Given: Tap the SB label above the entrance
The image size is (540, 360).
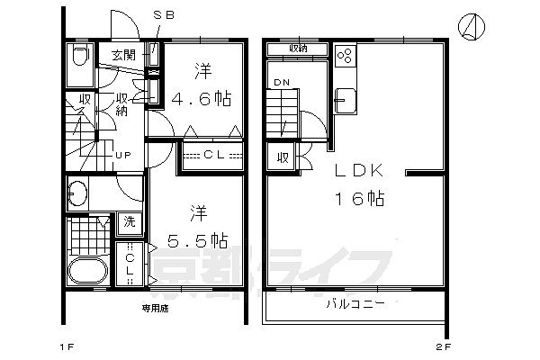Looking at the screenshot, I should [164, 14].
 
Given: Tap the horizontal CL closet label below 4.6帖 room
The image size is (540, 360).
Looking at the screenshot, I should [214, 156].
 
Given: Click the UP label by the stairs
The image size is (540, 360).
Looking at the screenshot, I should [123, 155].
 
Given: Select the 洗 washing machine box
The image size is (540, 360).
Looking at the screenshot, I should [130, 221].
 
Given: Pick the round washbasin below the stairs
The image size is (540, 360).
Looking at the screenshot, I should [78, 193].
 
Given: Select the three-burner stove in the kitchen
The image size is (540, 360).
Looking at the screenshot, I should [346, 56].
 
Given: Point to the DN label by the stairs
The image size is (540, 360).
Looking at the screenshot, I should [280, 84].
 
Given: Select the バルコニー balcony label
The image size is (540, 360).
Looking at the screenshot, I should [355, 304].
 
